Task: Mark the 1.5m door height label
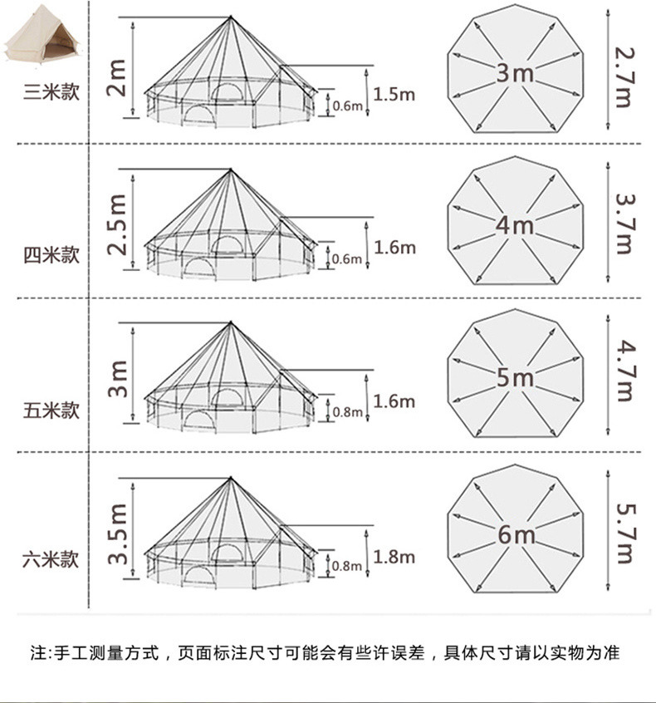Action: tap(394, 94)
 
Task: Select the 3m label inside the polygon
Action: tap(515, 73)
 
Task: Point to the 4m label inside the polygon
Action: tap(515, 225)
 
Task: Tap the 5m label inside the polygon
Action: tap(515, 378)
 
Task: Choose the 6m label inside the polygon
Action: tap(515, 534)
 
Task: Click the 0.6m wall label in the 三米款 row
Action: tap(347, 106)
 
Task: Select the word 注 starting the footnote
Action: tap(37, 652)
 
